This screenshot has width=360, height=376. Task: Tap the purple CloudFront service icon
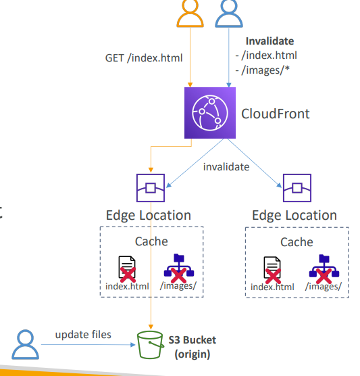coord(210,113)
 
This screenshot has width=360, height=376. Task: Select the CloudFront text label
coord(275,114)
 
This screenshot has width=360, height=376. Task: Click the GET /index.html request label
coord(144,58)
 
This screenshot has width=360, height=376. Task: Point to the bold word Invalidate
coord(269,41)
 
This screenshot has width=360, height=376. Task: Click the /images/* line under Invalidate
coord(263,70)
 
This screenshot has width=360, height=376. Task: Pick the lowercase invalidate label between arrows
coord(226,167)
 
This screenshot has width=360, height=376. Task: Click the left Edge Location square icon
coord(151,188)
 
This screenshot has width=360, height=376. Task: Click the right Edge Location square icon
coord(297,188)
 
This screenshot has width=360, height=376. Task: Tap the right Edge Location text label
coord(294,215)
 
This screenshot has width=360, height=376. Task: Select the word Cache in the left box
coord(151,241)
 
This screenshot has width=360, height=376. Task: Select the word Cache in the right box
coord(297,242)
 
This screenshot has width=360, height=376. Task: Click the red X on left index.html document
coord(128,275)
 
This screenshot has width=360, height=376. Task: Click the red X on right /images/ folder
coord(324,276)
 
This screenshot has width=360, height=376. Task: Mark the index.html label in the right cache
coord(272,287)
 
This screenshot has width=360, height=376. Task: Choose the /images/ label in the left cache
coord(178,285)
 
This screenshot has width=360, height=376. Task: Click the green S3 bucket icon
coord(151,345)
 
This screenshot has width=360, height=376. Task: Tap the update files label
coord(83,335)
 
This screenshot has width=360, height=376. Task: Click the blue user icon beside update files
coord(25,345)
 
